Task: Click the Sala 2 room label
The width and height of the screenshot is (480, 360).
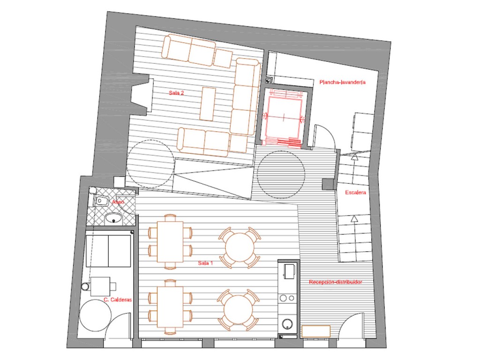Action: point(176,93)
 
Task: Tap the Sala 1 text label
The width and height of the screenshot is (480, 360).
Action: point(205,263)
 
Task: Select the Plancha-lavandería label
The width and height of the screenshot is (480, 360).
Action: point(343,82)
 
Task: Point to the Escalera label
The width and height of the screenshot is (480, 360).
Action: point(355,193)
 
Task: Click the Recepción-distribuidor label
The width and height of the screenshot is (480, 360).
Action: point(336,282)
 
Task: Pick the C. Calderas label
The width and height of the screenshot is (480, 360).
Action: point(118,300)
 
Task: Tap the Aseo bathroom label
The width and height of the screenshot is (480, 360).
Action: point(118,202)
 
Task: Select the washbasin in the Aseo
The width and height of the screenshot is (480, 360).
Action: point(114,218)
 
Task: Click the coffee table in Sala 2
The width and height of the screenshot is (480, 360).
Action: point(208,104)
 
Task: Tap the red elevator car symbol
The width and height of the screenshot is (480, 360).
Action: point(284,118)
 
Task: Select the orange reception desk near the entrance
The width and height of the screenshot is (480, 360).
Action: point(316,331)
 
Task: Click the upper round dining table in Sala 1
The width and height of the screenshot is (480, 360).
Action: point(240,247)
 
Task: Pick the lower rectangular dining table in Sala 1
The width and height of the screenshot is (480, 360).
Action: point(170,307)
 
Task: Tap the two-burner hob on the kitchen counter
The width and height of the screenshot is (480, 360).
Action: point(288,298)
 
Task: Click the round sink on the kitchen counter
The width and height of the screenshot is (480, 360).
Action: point(288,323)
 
